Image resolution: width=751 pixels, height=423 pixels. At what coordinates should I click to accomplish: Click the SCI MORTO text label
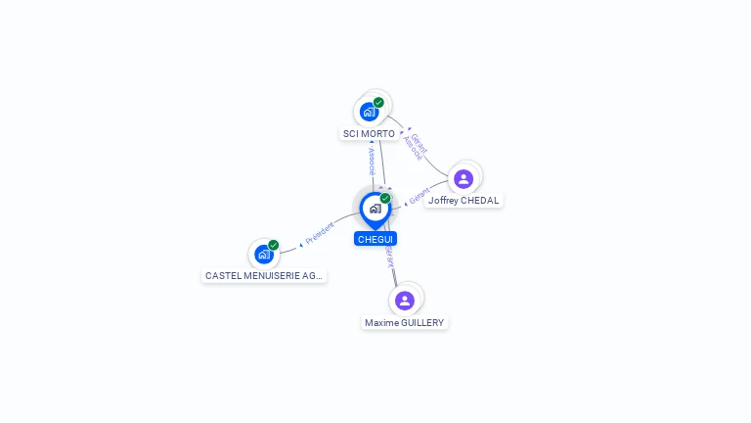(369, 133)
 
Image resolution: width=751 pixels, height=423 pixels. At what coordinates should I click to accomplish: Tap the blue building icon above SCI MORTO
(369, 111)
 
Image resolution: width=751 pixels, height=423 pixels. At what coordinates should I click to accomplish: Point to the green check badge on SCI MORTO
(378, 102)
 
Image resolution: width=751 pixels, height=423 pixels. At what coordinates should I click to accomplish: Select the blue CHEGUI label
(375, 239)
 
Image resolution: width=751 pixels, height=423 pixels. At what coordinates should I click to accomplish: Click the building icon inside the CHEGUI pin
(375, 209)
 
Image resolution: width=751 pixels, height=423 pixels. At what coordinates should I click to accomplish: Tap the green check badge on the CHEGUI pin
(385, 198)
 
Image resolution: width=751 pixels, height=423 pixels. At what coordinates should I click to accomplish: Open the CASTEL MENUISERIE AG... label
(264, 276)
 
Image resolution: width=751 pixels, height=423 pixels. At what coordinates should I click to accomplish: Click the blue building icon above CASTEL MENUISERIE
(263, 255)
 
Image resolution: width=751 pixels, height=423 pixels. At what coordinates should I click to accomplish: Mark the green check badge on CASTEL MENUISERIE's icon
(274, 245)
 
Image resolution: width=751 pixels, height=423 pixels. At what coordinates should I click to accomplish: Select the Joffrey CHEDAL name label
(464, 201)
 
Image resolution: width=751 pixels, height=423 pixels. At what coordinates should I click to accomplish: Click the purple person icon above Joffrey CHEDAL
(464, 178)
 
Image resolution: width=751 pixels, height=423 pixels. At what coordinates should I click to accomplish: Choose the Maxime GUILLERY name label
(405, 322)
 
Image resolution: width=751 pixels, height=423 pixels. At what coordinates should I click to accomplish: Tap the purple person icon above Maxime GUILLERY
(405, 300)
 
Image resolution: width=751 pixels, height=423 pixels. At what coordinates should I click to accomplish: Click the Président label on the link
(320, 232)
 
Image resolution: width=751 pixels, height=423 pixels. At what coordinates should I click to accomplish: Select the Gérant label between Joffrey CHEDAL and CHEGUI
(420, 196)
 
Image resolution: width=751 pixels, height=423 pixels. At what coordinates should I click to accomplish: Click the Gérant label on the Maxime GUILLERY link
(388, 256)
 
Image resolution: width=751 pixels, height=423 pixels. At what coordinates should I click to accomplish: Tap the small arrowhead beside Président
(301, 243)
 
